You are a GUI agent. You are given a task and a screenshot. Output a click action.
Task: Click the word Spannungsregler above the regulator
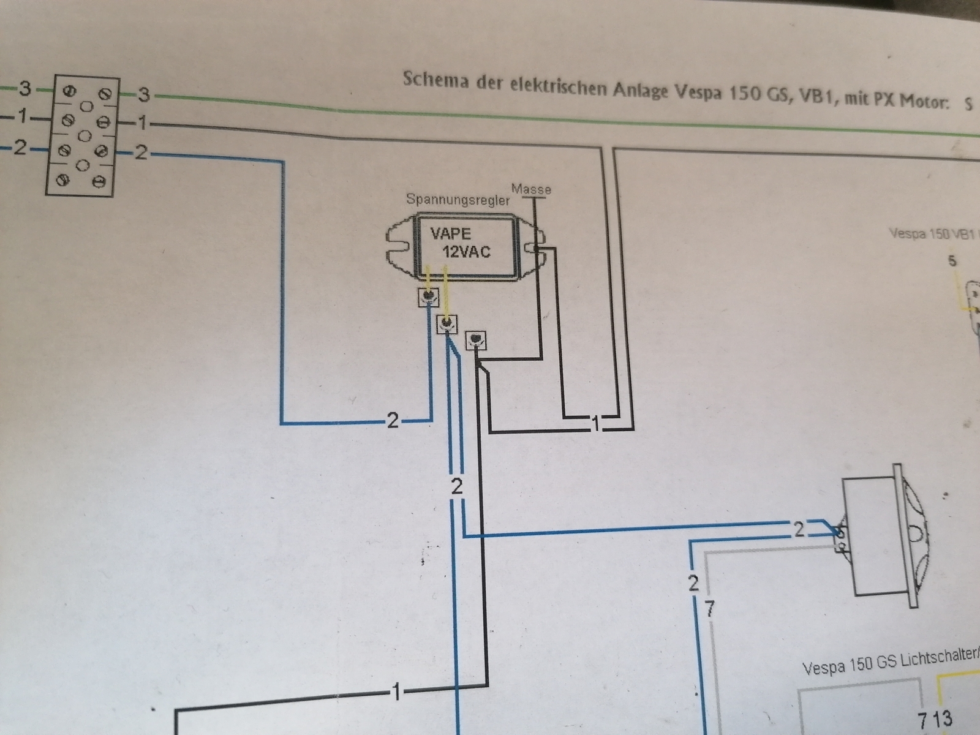pos(458,200)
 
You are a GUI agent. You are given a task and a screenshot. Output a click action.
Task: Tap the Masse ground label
pos(532,189)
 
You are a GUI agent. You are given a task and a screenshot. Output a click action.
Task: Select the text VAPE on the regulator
pos(450,233)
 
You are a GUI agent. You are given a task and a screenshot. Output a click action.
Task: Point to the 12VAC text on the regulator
pos(467,252)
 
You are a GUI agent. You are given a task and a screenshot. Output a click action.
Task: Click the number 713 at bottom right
pos(935,717)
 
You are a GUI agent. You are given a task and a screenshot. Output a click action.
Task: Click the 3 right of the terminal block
pos(143,95)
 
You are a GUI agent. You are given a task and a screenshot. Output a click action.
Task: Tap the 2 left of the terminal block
pos(21,148)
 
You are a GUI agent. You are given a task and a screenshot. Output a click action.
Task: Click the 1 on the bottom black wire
pos(396,693)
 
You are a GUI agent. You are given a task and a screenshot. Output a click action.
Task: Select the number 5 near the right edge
pos(951,261)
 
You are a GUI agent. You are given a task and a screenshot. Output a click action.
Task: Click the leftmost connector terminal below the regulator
pos(429,296)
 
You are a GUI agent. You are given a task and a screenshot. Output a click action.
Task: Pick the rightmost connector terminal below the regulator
pos(476,339)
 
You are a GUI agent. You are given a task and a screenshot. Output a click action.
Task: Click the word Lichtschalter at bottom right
pos(943,657)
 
